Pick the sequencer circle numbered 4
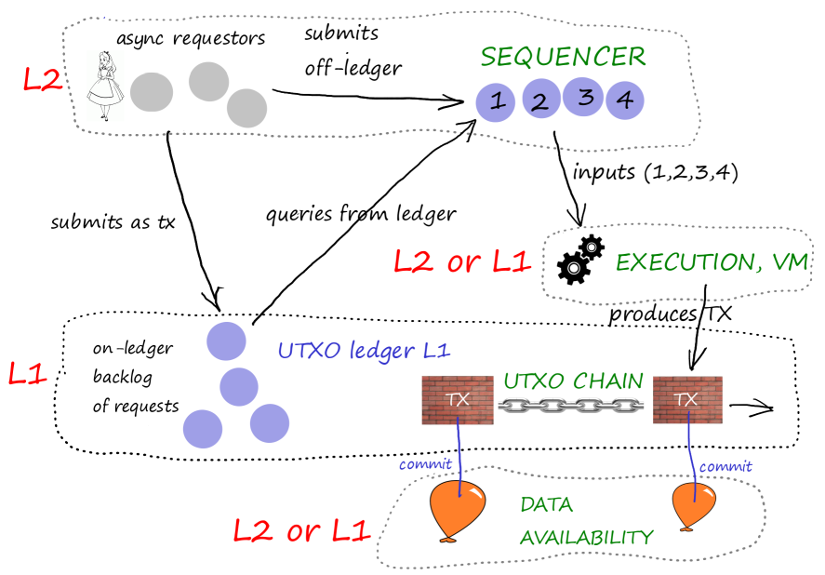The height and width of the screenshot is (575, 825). tap(625, 99)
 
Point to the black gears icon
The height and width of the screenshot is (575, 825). tap(580, 258)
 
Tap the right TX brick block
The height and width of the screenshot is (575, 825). tap(687, 400)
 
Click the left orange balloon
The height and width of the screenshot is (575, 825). tap(456, 509)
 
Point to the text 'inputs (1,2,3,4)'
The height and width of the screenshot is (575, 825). tap(655, 173)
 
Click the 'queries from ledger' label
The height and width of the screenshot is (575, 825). tap(361, 214)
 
